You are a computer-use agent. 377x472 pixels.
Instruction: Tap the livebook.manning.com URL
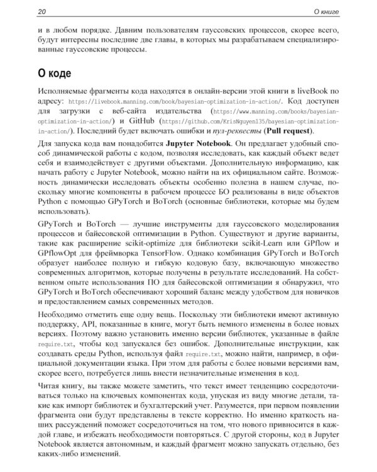pos(175,101)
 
